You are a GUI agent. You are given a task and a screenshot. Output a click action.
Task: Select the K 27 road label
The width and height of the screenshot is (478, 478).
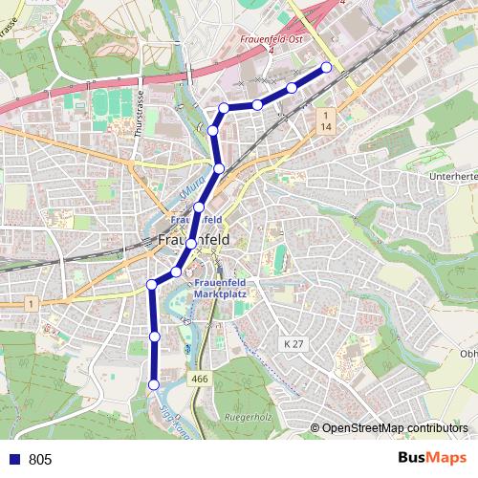click(x=292, y=342)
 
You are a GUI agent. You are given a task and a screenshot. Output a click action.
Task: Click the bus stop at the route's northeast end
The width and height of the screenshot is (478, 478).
click(x=326, y=67)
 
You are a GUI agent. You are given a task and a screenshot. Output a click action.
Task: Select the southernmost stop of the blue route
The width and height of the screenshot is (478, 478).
click(x=154, y=384)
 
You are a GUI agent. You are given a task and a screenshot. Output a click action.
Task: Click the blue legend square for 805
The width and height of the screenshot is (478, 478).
click(x=14, y=460)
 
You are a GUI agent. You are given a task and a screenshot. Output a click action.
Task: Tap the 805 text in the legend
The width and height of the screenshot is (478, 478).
click(x=40, y=460)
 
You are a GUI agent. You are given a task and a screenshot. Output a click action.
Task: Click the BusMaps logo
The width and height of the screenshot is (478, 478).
click(x=431, y=458)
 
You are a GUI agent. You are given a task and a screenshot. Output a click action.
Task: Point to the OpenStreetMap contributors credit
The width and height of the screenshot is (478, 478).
click(x=395, y=428)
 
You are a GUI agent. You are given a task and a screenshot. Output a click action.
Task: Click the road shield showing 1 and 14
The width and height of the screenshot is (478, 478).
click(x=326, y=120)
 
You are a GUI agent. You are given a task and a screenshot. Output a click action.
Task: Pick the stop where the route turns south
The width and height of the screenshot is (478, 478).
click(x=152, y=284)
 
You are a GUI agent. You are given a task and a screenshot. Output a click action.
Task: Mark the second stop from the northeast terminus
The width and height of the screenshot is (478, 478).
click(x=292, y=88)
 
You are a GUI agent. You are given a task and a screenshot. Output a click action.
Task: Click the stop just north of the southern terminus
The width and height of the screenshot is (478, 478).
click(x=154, y=337)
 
